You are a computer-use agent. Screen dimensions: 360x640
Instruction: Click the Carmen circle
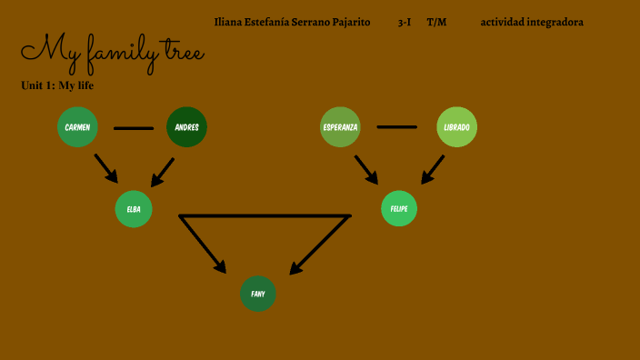point(77,127)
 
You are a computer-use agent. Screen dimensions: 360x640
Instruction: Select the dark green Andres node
point(186,127)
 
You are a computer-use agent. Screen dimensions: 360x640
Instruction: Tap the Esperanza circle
point(340,127)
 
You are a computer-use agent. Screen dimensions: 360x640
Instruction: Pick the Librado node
point(456,127)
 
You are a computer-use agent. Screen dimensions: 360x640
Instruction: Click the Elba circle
point(134,209)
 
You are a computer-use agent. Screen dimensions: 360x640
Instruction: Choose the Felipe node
point(398,208)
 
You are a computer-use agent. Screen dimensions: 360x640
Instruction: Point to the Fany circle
point(258,294)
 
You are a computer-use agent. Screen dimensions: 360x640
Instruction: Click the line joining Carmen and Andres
point(133,128)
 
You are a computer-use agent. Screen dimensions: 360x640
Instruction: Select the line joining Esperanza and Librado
point(397,126)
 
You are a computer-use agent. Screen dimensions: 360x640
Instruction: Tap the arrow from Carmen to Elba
point(106,168)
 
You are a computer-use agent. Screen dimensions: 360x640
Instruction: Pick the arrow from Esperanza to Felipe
point(366,169)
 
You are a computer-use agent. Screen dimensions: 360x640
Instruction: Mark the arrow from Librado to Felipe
point(431,169)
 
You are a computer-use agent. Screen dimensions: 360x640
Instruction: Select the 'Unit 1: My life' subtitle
point(57,85)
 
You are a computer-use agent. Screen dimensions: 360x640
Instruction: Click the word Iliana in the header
point(229,22)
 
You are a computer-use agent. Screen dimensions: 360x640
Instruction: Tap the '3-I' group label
point(405,22)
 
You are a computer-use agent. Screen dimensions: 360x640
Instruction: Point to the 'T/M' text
point(436,22)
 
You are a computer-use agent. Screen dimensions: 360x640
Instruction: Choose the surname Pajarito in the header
point(351,22)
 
